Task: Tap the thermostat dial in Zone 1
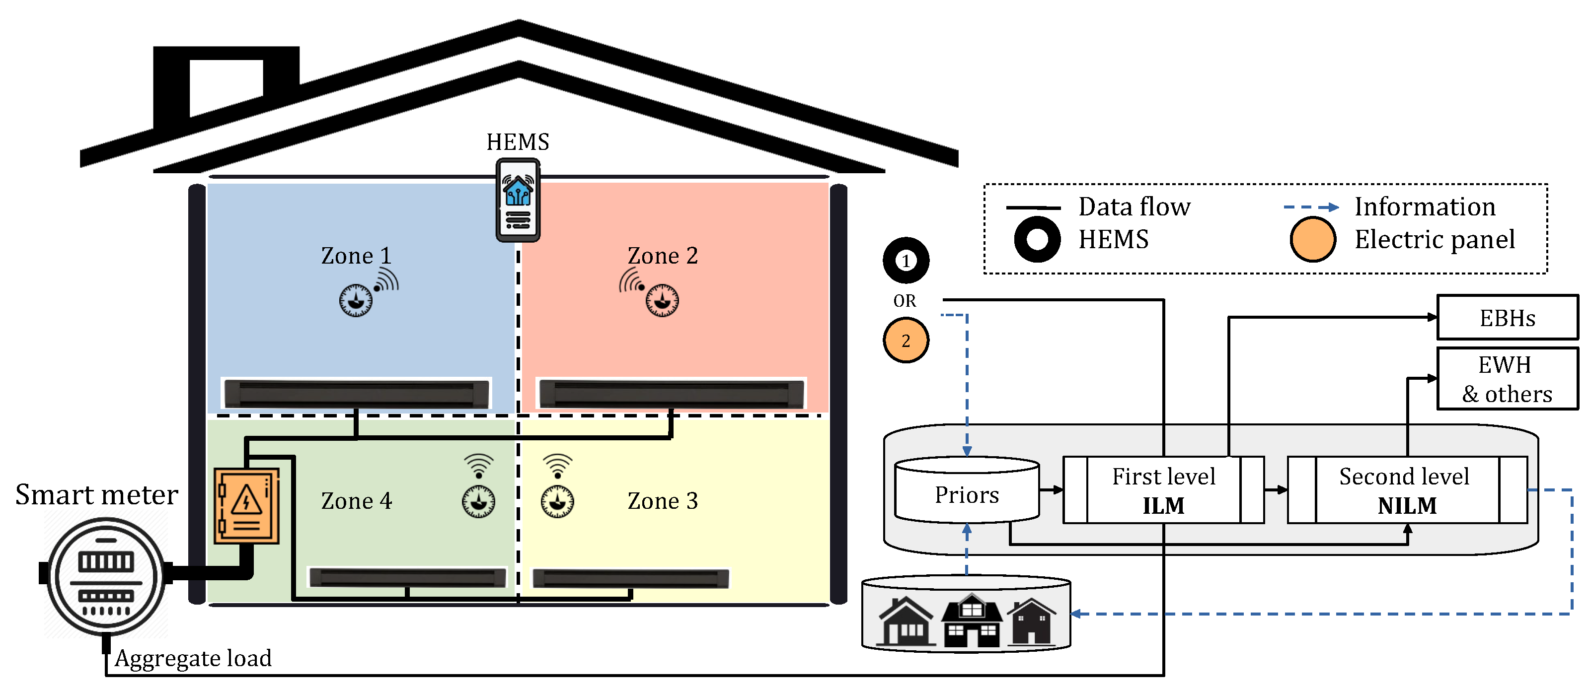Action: [x=356, y=300]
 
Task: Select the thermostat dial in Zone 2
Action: [x=662, y=300]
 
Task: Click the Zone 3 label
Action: [x=663, y=501]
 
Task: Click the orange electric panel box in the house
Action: [x=246, y=506]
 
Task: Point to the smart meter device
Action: [x=106, y=577]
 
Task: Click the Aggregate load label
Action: [x=193, y=658]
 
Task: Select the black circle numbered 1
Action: [x=906, y=260]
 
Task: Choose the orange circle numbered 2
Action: [x=906, y=341]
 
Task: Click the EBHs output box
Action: [x=1507, y=318]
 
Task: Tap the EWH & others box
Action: [x=1507, y=379]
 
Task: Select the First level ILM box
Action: [x=1163, y=490]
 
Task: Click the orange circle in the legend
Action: [x=1313, y=239]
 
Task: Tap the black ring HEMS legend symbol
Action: [x=1037, y=239]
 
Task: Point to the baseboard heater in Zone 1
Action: [x=356, y=394]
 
